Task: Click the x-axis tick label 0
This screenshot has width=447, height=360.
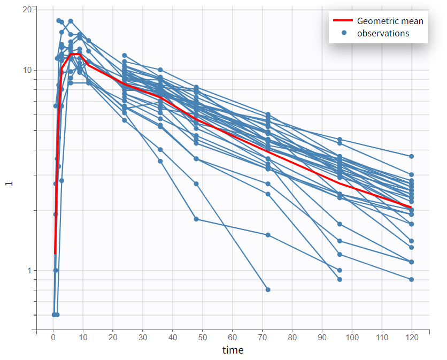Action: point(53,338)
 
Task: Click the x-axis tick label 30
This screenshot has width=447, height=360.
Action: point(143,338)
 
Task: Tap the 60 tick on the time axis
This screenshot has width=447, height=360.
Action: point(233,338)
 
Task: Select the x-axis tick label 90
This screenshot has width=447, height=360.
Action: point(322,338)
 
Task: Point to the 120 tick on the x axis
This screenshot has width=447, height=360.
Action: point(412,338)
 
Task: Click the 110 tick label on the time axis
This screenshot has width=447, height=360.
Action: point(382,338)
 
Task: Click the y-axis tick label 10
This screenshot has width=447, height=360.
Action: point(27,70)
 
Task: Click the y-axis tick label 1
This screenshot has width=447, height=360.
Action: point(29,271)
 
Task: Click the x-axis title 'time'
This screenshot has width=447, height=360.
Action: point(233,350)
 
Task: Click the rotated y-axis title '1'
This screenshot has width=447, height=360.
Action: point(9,183)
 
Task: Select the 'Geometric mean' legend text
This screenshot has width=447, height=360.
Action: point(390,21)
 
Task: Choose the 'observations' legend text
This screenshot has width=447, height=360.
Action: point(383,33)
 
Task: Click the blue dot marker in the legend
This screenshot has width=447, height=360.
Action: point(344,33)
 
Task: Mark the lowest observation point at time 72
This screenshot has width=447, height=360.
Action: point(268,289)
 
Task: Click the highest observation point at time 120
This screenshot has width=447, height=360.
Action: point(412,156)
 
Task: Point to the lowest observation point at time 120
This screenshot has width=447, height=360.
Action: point(412,279)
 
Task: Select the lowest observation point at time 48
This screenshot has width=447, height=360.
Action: point(196,219)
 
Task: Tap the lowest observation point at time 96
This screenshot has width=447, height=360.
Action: point(340,279)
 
